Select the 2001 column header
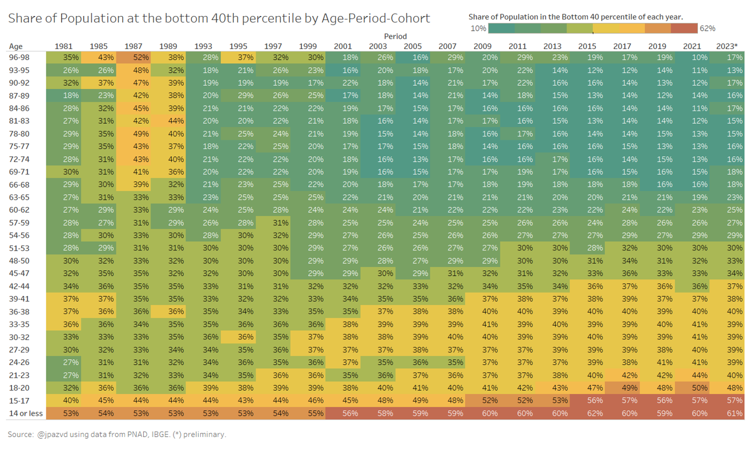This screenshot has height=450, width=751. tap(343, 46)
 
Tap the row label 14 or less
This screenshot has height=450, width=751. tap(26, 413)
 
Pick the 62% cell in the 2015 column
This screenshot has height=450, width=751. tap(587, 413)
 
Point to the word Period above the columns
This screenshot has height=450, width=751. tap(395, 36)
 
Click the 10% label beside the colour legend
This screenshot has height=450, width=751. tap(478, 28)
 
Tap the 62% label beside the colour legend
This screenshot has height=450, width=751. tap(707, 28)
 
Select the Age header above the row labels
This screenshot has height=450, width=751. tap(15, 46)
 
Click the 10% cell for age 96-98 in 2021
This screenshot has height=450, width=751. tap(700, 57)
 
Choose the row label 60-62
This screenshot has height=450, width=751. tap(19, 210)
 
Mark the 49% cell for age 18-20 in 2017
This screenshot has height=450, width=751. tap(629, 388)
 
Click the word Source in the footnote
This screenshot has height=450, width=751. tap(21, 435)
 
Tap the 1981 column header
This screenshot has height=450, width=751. tap(63, 46)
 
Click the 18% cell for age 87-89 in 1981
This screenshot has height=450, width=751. tap(71, 95)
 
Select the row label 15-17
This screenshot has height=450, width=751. tap(19, 400)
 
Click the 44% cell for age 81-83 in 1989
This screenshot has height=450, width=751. tap(176, 121)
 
